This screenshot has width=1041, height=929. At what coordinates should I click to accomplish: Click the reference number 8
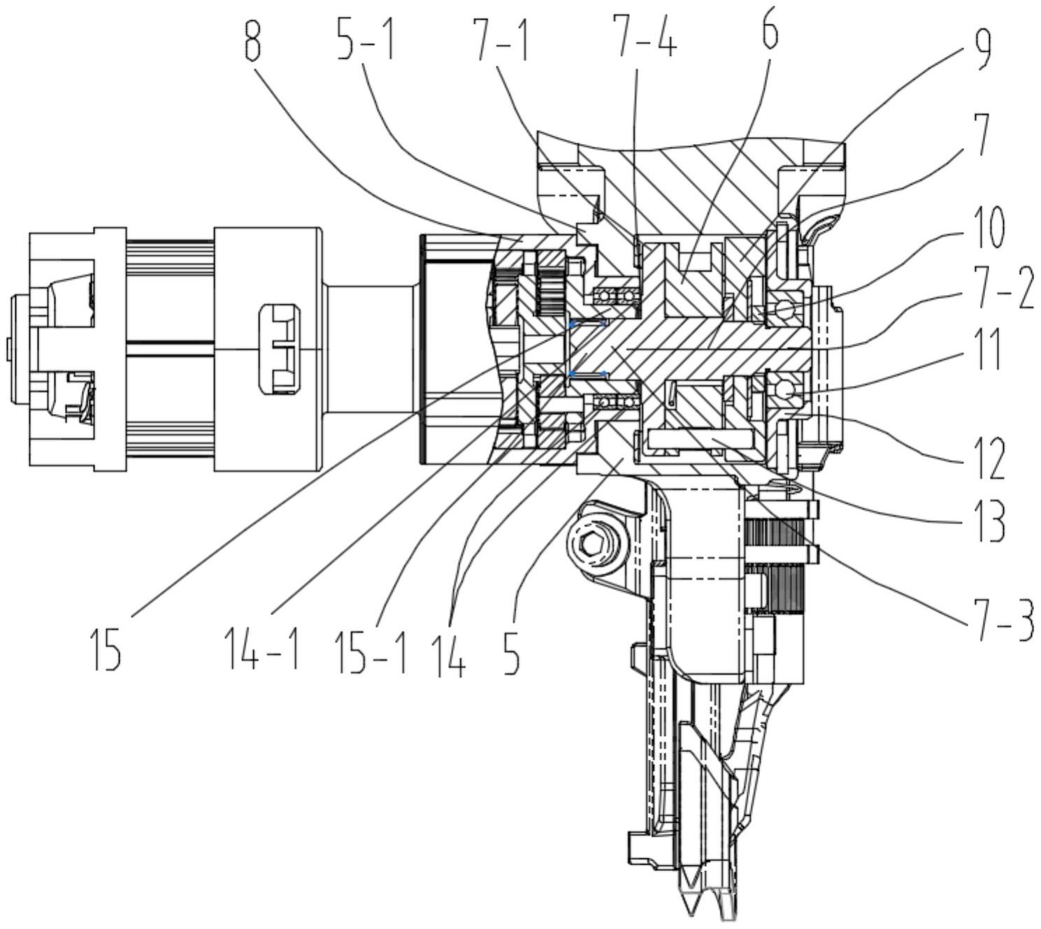252,43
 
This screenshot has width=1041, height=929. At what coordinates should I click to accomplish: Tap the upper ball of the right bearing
784,307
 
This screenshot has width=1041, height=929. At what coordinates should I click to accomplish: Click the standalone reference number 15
106,649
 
